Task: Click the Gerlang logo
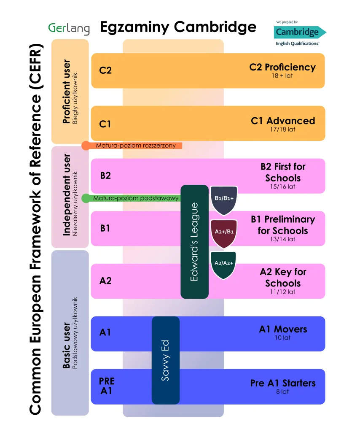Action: click(x=69, y=29)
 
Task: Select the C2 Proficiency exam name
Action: click(x=283, y=67)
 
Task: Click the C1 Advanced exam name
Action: click(x=283, y=121)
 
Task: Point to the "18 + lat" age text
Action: click(x=282, y=76)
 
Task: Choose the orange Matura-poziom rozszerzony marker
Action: click(x=132, y=146)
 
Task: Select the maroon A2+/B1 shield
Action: click(x=224, y=233)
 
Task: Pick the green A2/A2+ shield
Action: click(x=223, y=265)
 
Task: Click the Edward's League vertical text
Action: click(x=194, y=242)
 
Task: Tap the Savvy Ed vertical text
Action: click(x=165, y=360)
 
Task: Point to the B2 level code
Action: click(x=105, y=175)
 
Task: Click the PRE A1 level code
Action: click(x=107, y=386)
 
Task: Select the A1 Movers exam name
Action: click(x=283, y=329)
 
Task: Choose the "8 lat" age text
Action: click(x=282, y=391)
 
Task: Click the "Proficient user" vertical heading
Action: click(x=66, y=92)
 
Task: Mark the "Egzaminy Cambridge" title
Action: click(x=178, y=27)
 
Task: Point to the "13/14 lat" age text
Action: click(x=282, y=239)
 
